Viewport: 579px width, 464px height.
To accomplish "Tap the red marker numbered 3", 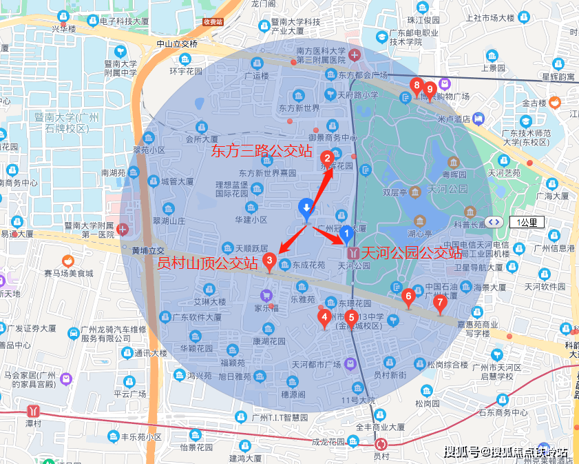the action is point(270,261).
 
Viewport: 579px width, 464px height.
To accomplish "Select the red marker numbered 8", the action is point(416,86).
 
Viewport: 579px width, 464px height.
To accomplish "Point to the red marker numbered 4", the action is point(324,318).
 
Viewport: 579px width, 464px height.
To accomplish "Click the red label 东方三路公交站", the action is point(261,150).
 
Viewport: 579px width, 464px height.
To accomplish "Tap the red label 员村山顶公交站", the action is point(208,263).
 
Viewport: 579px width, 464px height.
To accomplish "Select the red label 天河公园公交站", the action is point(412,252).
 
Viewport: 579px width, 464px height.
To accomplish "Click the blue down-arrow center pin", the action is point(307,208).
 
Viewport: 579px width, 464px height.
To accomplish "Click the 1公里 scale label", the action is point(527,222).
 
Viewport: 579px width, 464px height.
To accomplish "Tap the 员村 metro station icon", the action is point(381,445).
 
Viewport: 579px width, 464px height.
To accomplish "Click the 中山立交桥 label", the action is point(177,44).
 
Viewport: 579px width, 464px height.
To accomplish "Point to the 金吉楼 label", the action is point(534,103).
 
